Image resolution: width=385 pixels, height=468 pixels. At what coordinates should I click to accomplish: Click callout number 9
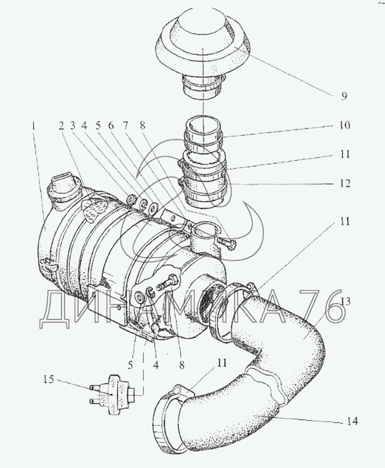344,96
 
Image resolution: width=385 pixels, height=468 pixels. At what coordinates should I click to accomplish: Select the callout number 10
344,125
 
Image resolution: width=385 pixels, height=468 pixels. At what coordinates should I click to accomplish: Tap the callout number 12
344,184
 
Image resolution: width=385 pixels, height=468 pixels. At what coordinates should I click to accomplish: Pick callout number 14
351,421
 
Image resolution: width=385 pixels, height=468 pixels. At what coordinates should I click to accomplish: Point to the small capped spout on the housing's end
63,188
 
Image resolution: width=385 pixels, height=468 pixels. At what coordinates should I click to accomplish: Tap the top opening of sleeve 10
204,122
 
